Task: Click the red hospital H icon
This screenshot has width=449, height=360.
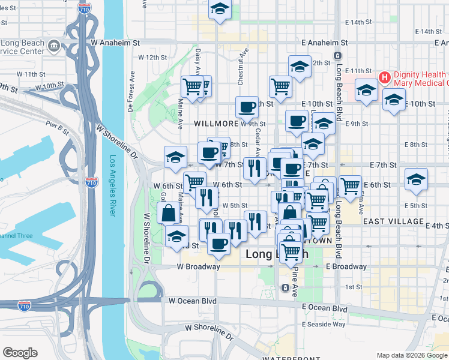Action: click(385, 77)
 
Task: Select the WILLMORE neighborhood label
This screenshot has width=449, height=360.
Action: click(217, 124)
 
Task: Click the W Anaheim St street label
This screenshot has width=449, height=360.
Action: click(115, 43)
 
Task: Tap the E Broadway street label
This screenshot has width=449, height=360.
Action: click(346, 266)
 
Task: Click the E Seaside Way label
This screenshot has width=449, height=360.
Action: click(324, 325)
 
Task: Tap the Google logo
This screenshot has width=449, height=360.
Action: click(20, 353)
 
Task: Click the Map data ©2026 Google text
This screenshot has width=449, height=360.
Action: click(411, 355)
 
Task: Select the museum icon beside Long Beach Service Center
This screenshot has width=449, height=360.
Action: click(53, 46)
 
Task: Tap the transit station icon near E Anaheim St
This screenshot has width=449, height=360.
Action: click(338, 55)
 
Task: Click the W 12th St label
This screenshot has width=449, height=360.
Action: click(152, 58)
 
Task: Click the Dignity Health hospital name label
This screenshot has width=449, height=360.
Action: click(420, 77)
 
